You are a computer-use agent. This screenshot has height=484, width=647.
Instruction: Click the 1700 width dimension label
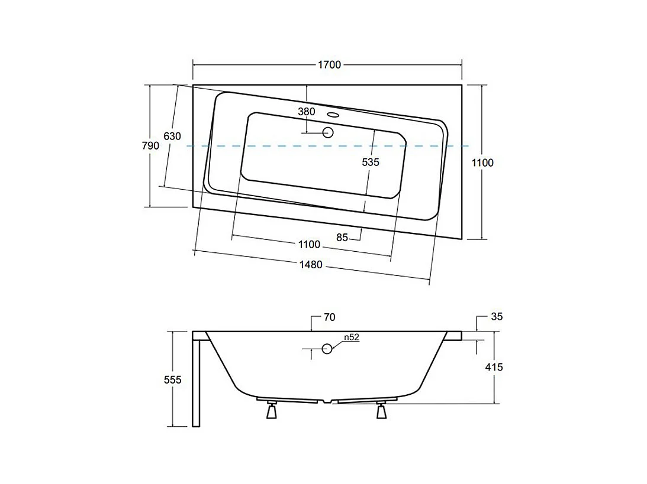[329, 64]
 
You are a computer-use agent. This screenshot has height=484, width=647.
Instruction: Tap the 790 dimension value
[150, 145]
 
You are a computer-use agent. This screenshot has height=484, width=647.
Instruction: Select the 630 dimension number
[172, 136]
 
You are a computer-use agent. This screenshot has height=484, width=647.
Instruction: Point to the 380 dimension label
[307, 111]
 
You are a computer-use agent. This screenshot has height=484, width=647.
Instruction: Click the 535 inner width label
[371, 162]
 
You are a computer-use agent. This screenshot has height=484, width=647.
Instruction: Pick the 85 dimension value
[342, 237]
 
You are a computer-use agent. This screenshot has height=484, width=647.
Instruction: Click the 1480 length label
[311, 264]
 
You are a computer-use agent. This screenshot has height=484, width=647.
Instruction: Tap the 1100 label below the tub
[309, 245]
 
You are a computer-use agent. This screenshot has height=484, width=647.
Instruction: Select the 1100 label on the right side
[482, 163]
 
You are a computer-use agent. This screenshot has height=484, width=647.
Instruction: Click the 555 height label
[172, 379]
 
